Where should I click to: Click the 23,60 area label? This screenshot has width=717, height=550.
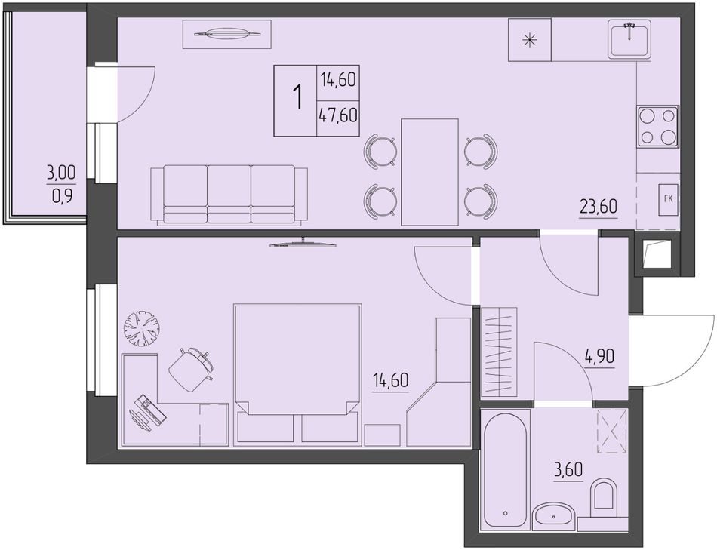tap(598, 207)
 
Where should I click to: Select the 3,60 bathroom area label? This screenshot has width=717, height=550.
tap(568, 470)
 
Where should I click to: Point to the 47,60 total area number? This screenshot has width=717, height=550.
tap(338, 115)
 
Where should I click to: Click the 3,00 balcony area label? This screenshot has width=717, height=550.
tap(61, 174)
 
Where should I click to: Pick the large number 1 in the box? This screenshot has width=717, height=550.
tap(298, 97)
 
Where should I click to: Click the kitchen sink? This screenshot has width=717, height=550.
tap(629, 39)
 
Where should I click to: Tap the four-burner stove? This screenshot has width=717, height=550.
tap(658, 127)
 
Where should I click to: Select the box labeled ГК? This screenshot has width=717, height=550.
tap(668, 199)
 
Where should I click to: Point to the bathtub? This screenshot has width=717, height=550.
tap(505, 469)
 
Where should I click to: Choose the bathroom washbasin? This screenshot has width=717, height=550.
tap(554, 517)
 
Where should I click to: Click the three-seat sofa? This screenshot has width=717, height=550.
tap(229, 195)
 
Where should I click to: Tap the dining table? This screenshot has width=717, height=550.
tap(429, 172)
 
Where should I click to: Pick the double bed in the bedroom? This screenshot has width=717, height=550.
tap(297, 375)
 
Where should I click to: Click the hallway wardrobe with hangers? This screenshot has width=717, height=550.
tap(500, 352)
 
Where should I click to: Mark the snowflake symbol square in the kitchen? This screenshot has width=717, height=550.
tap(530, 40)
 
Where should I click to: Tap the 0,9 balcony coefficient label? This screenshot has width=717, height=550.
tap(62, 197)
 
